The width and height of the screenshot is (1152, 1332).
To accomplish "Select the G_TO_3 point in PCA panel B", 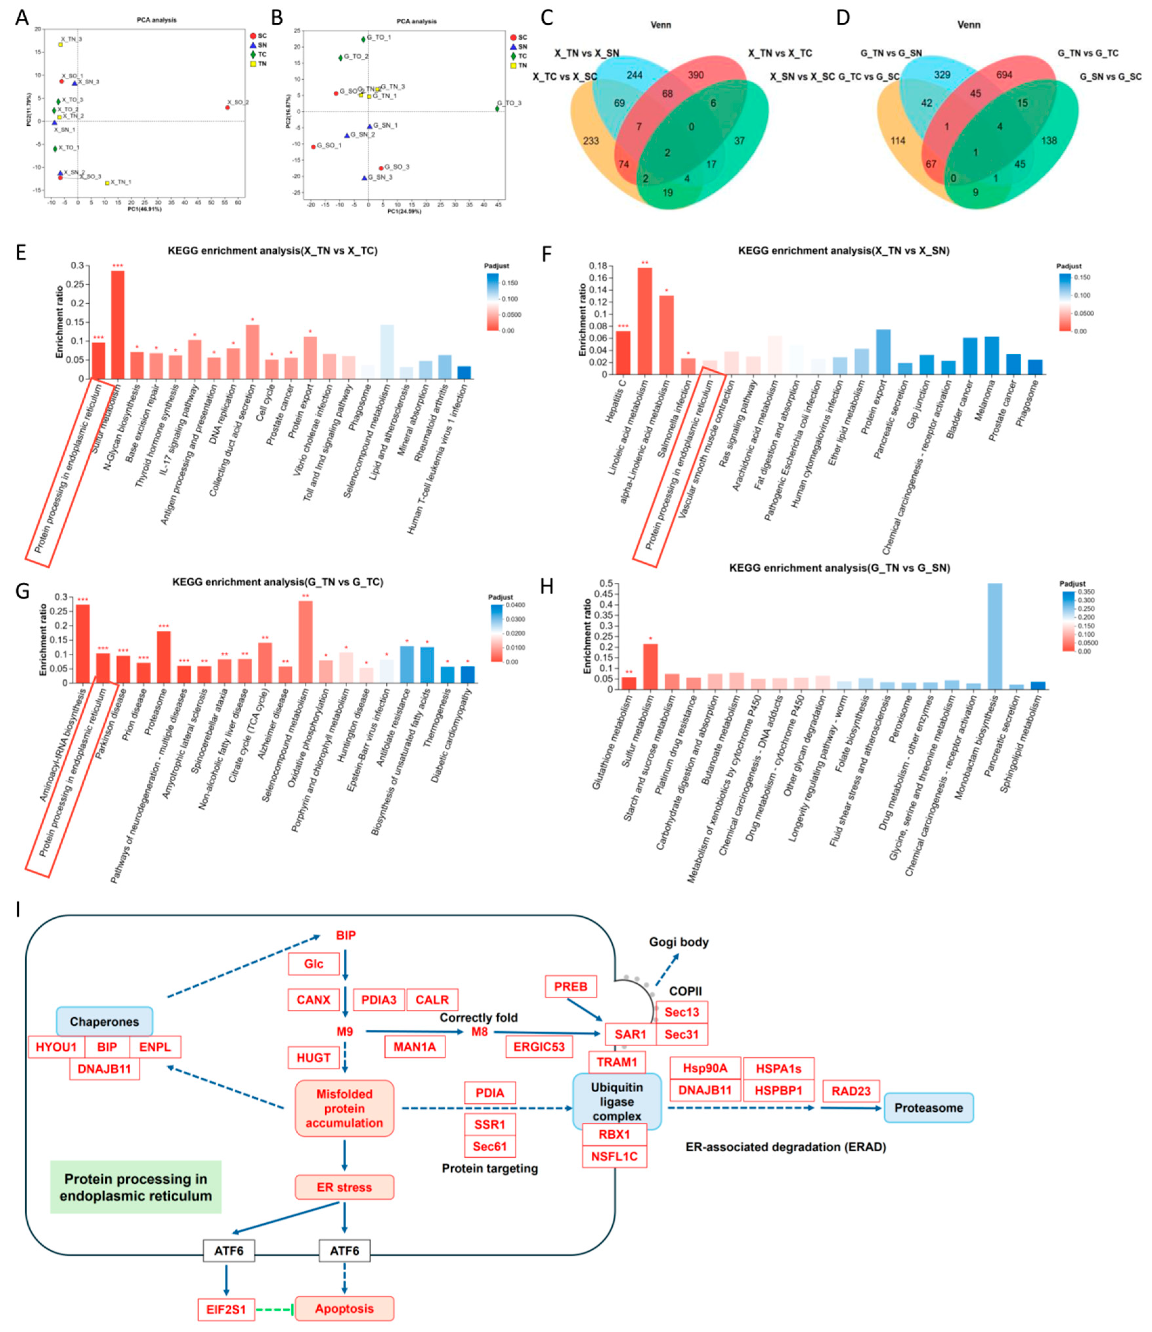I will (x=497, y=109).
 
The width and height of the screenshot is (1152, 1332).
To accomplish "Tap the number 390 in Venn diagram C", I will (x=695, y=75).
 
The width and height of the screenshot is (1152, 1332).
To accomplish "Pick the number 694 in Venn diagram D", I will (x=1004, y=75).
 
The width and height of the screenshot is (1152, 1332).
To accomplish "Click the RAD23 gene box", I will (x=850, y=1091).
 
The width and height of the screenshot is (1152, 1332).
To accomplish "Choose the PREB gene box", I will (x=570, y=987).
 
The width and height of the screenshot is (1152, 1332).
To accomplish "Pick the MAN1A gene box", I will (x=415, y=1046).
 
